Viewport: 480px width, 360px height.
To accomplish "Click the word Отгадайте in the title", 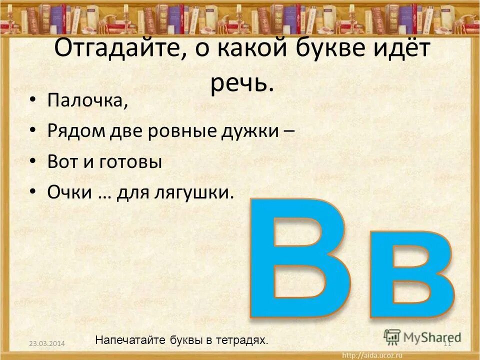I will [115, 50].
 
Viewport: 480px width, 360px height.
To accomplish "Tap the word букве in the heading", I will [308, 50].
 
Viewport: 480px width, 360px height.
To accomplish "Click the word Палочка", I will [88, 100].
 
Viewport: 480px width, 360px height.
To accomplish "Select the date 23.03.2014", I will [47, 343].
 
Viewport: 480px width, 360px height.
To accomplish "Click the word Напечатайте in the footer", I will [127, 340].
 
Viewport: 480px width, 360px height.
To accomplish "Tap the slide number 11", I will [448, 343].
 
